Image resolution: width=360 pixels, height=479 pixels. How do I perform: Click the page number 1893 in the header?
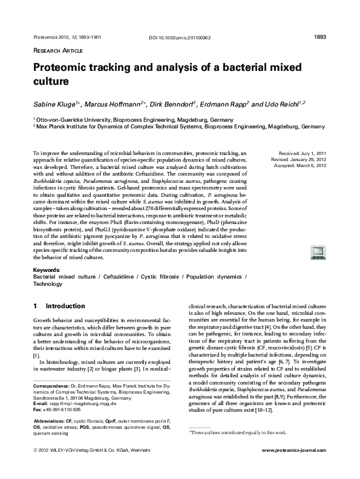(x=321, y=37)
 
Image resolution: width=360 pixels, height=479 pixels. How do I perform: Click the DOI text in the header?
(x=180, y=38)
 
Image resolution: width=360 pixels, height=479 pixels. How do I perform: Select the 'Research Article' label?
(x=57, y=50)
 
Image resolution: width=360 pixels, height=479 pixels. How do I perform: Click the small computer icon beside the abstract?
(x=318, y=251)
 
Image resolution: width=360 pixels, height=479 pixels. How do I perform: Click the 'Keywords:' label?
(x=48, y=269)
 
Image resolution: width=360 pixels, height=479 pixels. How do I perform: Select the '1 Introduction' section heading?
(x=59, y=306)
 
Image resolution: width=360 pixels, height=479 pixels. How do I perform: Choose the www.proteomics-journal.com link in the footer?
(x=294, y=469)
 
